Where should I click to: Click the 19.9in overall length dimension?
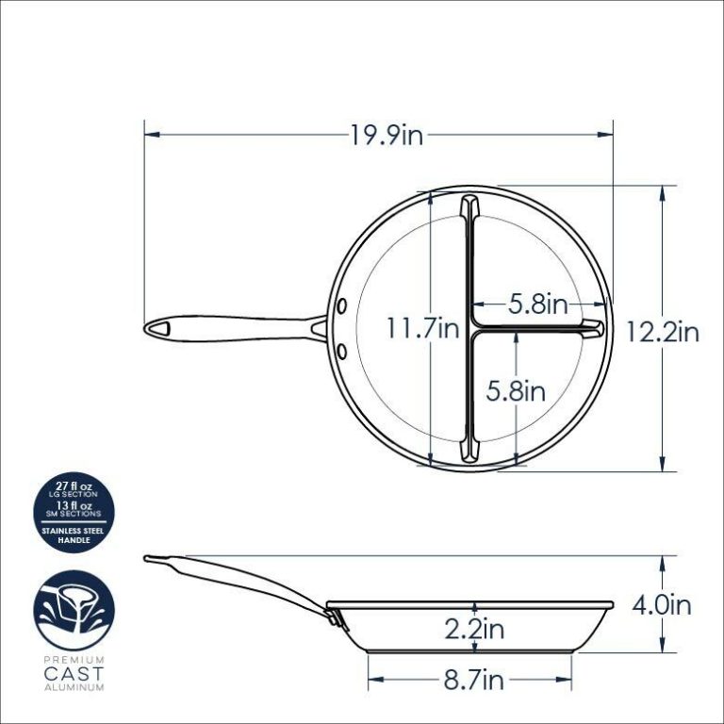click(x=387, y=136)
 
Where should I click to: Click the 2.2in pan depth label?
click(x=473, y=629)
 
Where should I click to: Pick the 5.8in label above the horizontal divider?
click(x=537, y=304)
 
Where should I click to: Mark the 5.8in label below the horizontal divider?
click(x=517, y=390)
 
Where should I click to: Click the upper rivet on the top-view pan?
click(x=341, y=306)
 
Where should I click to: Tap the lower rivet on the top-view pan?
click(x=341, y=351)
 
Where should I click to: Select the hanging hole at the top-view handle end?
click(x=162, y=328)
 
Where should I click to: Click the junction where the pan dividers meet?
click(x=470, y=329)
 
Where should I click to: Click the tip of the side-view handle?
click(x=148, y=559)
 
